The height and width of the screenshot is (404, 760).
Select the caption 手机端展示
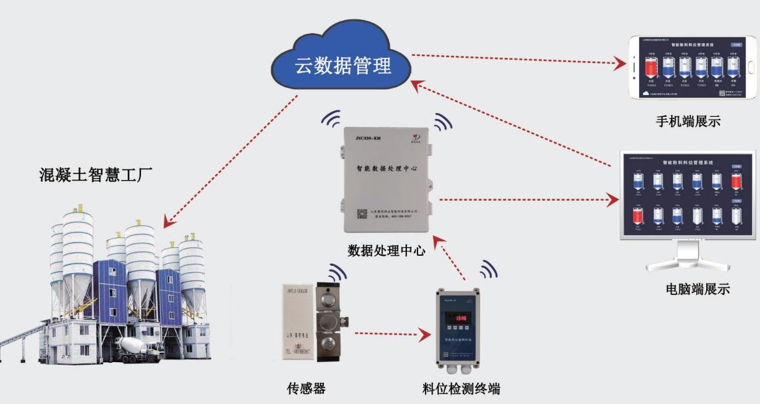[688, 121]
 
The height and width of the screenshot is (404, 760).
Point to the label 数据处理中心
[386, 251]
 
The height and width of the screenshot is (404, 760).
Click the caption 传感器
[306, 388]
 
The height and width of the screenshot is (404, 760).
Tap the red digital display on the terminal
[459, 318]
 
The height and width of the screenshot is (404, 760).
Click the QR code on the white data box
[362, 214]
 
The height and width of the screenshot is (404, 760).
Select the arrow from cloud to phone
[519, 58]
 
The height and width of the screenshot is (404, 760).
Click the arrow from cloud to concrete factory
[229, 159]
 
